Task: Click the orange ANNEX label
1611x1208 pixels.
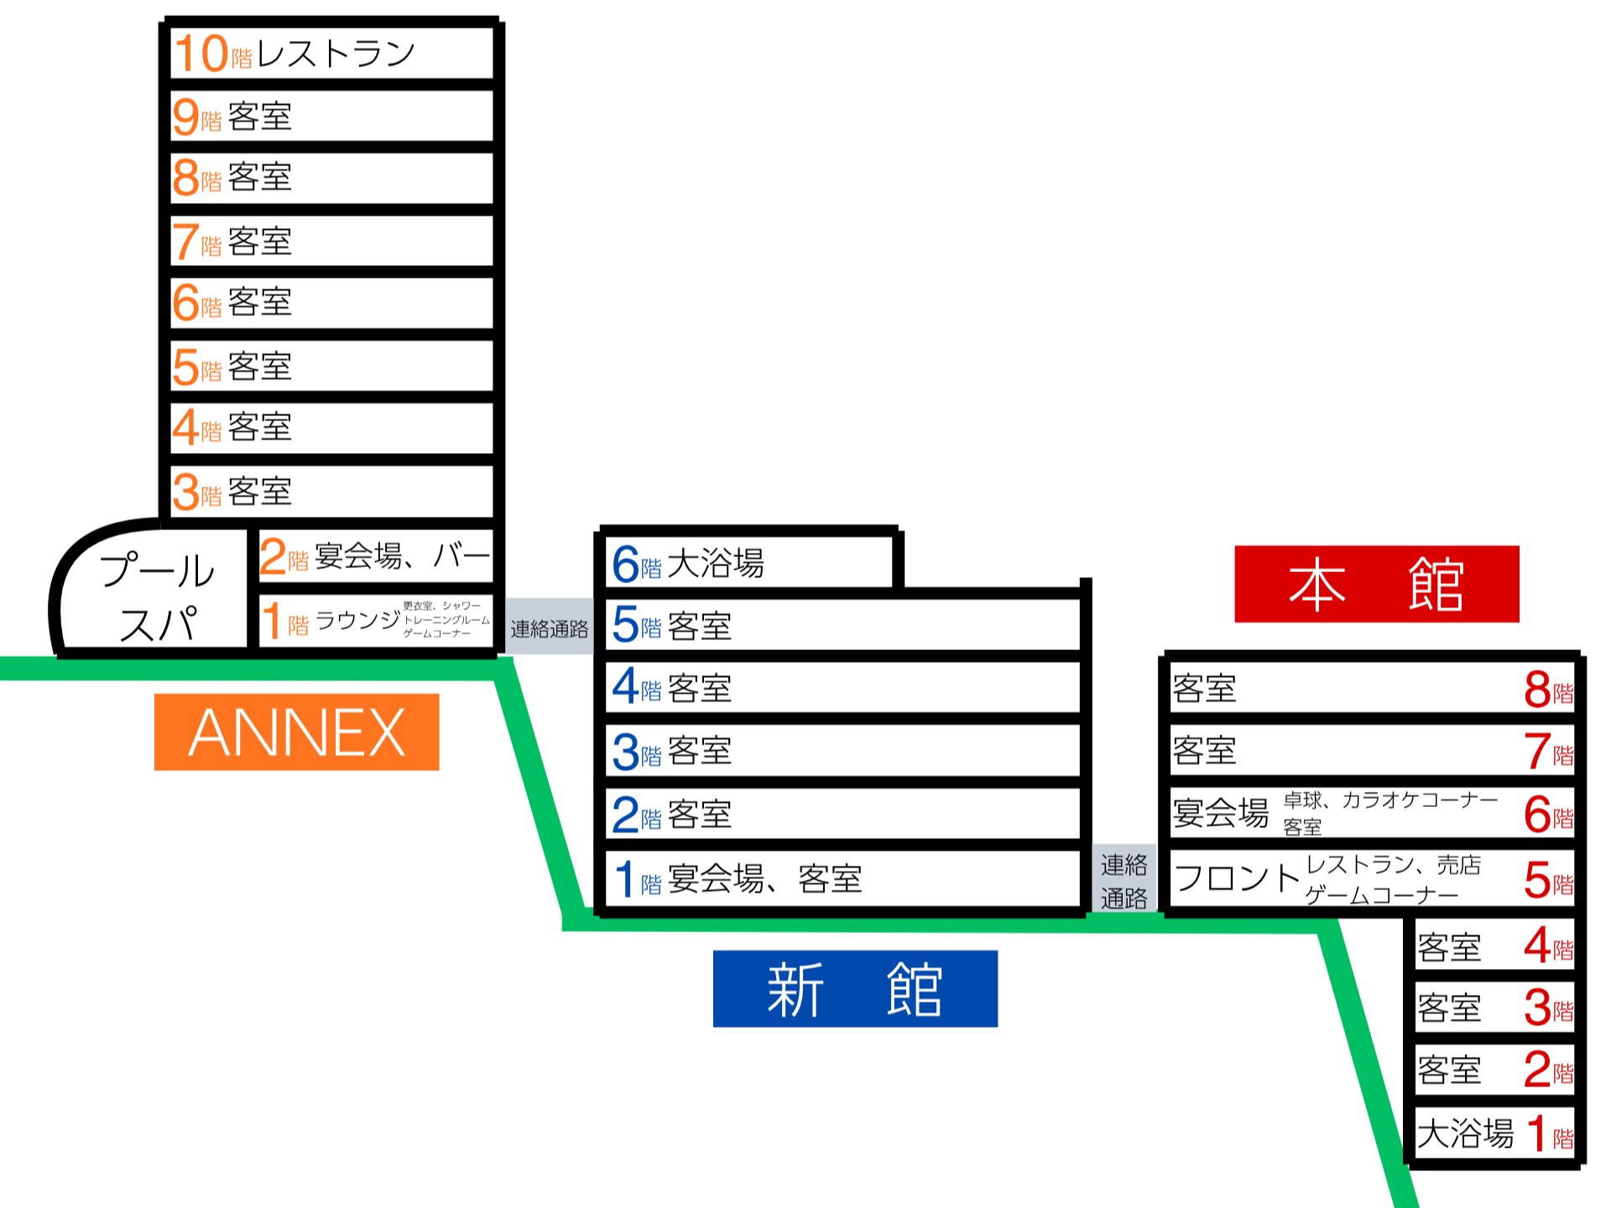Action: pyautogui.click(x=296, y=732)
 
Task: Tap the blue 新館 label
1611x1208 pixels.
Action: pyautogui.click(x=855, y=988)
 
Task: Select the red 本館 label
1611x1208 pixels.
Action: pyautogui.click(x=1377, y=584)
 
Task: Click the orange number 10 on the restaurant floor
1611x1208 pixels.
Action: pyautogui.click(x=201, y=53)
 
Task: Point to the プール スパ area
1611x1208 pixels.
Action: pyautogui.click(x=158, y=596)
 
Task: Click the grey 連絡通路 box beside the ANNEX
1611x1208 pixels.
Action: pyautogui.click(x=550, y=628)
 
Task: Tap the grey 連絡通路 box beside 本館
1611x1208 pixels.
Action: pyautogui.click(x=1124, y=880)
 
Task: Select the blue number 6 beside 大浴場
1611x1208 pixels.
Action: pyautogui.click(x=626, y=564)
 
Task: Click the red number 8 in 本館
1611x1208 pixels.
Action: pyautogui.click(x=1537, y=690)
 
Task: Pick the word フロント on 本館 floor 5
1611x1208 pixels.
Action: pyautogui.click(x=1237, y=878)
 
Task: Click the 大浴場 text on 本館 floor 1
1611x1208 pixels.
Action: pyautogui.click(x=1466, y=1133)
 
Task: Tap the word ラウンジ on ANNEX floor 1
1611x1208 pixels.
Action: pyautogui.click(x=358, y=620)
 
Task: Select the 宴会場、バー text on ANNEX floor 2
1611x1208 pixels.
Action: pyautogui.click(x=403, y=555)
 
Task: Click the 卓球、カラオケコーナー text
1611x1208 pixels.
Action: pyautogui.click(x=1390, y=799)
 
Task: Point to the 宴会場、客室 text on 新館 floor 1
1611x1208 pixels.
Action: pyautogui.click(x=765, y=879)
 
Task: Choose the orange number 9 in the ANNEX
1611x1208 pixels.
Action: pyautogui.click(x=185, y=117)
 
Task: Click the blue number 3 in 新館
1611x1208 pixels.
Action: pyautogui.click(x=626, y=752)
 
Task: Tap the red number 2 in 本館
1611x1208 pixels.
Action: pyautogui.click(x=1537, y=1070)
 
